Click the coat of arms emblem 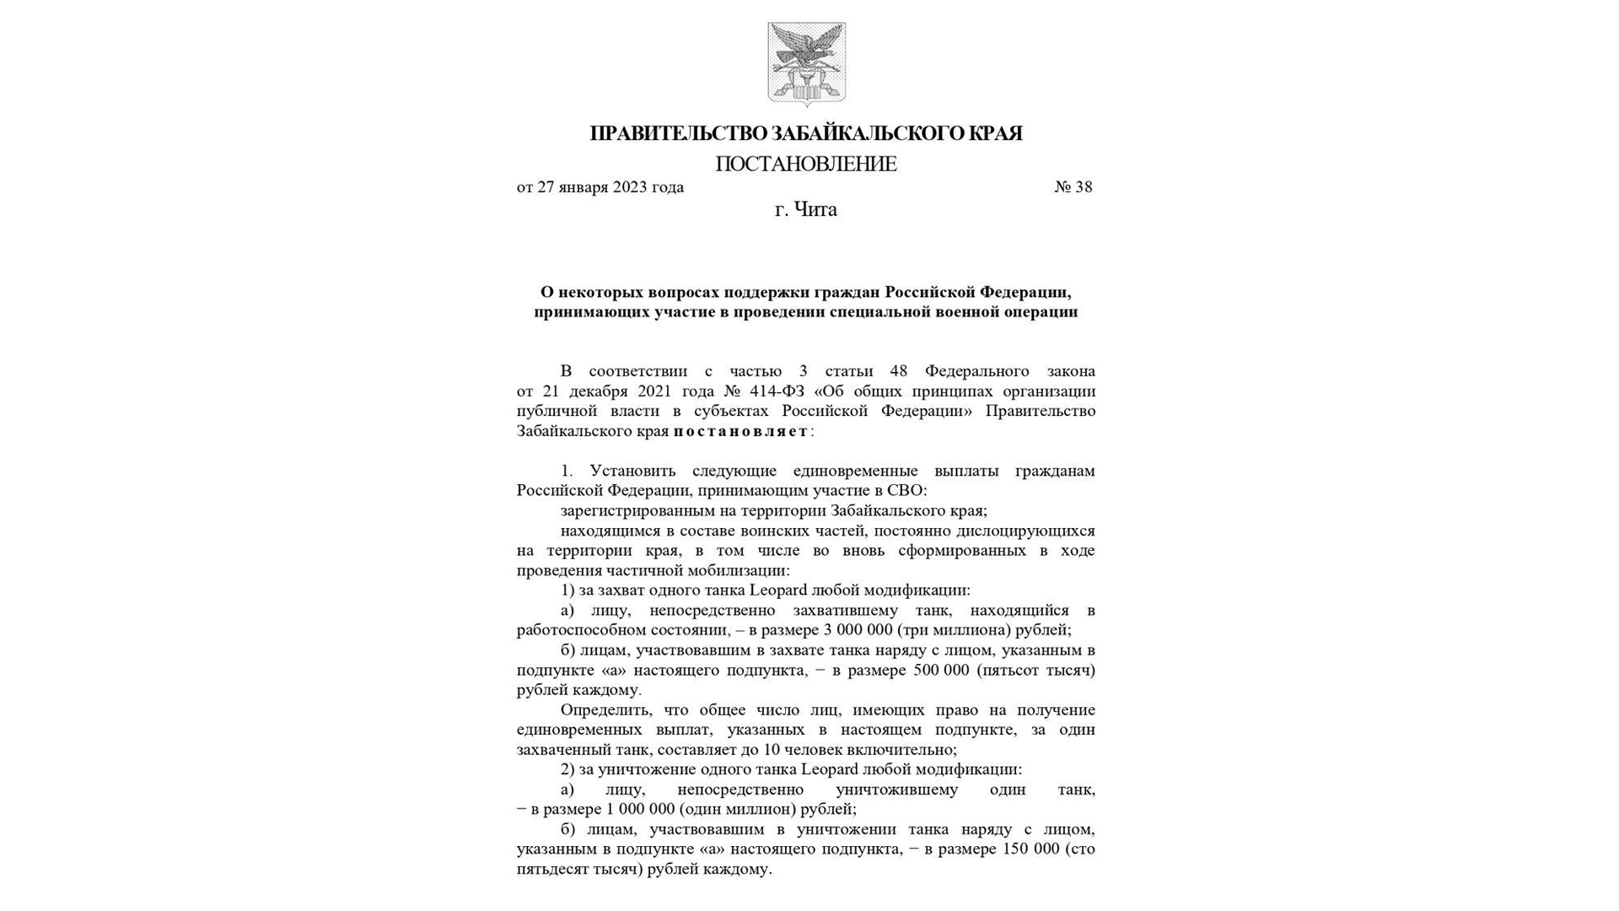[806, 64]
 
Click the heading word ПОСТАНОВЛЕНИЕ [806, 164]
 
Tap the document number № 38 [1073, 187]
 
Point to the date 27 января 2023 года [610, 187]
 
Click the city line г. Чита [806, 209]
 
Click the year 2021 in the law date [654, 391]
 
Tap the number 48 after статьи [899, 371]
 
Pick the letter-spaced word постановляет [740, 431]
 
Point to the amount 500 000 [941, 671]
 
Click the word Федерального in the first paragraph [976, 371]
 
